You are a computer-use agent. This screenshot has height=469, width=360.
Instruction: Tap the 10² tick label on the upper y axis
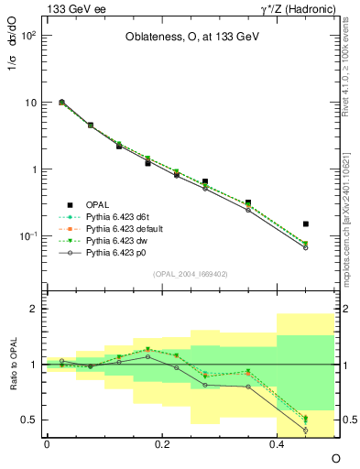point(28,35)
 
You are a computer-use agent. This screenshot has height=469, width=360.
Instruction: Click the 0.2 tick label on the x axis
point(161,443)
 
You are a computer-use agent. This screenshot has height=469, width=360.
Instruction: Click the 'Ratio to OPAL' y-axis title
point(12,364)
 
